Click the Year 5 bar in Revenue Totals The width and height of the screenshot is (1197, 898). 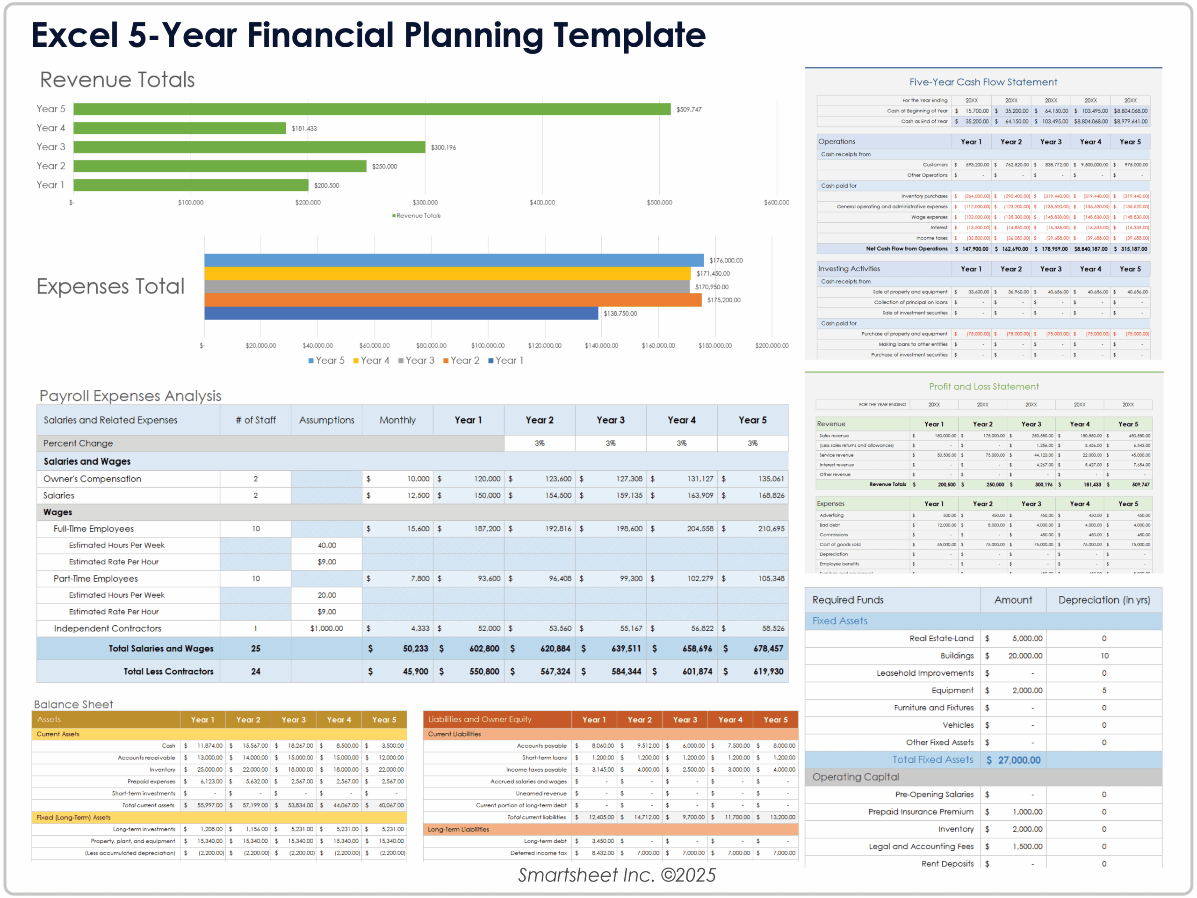pyautogui.click(x=372, y=110)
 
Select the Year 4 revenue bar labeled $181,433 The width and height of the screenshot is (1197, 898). pyautogui.click(x=180, y=128)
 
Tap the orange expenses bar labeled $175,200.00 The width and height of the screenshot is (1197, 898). pyautogui.click(x=453, y=300)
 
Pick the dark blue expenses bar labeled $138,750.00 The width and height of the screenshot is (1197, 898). pyautogui.click(x=401, y=314)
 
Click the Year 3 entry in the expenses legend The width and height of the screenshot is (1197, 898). pyautogui.click(x=417, y=361)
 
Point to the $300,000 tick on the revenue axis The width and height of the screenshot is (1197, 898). pyautogui.click(x=425, y=203)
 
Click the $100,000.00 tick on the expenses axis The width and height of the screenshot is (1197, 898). pyautogui.click(x=488, y=345)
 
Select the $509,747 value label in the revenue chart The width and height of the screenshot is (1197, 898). pyautogui.click(x=688, y=110)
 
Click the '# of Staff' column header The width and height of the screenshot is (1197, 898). pyautogui.click(x=255, y=420)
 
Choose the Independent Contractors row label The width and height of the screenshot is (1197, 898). pyautogui.click(x=107, y=628)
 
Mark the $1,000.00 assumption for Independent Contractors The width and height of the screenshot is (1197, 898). pyautogui.click(x=326, y=628)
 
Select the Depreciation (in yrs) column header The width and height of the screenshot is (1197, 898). pyautogui.click(x=1104, y=600)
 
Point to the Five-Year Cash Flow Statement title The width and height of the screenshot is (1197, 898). pyautogui.click(x=983, y=82)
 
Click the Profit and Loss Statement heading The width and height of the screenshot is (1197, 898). pyautogui.click(x=983, y=387)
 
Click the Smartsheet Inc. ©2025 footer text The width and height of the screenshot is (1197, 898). pyautogui.click(x=616, y=875)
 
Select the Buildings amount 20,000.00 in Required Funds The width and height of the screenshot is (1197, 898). pyautogui.click(x=1025, y=656)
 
